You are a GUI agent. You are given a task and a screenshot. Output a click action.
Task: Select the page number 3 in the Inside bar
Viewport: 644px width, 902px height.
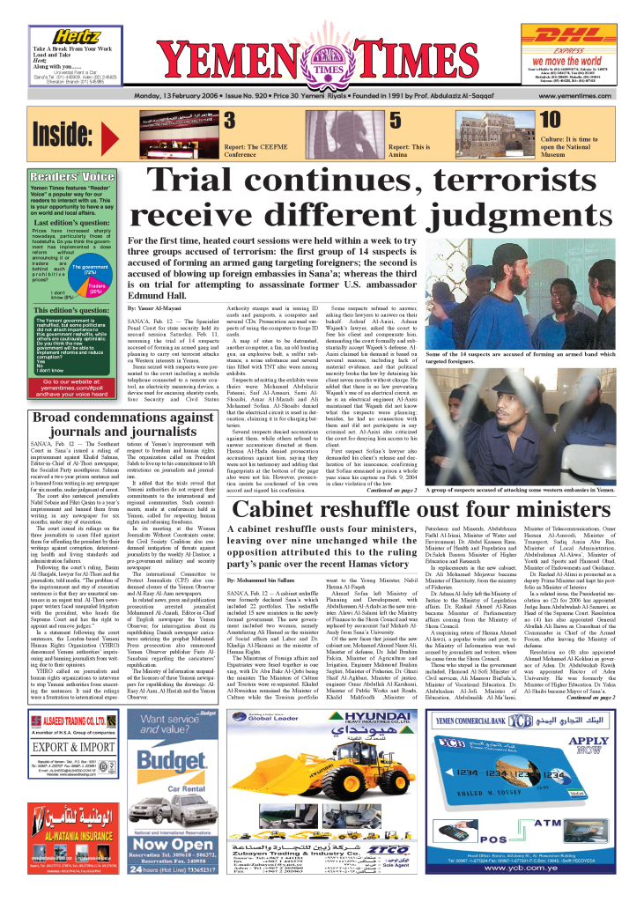[228, 121]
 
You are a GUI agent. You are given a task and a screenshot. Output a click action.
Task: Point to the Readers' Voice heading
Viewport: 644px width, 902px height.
[73, 176]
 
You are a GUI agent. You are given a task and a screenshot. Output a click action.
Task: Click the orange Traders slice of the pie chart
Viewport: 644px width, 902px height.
[98, 286]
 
